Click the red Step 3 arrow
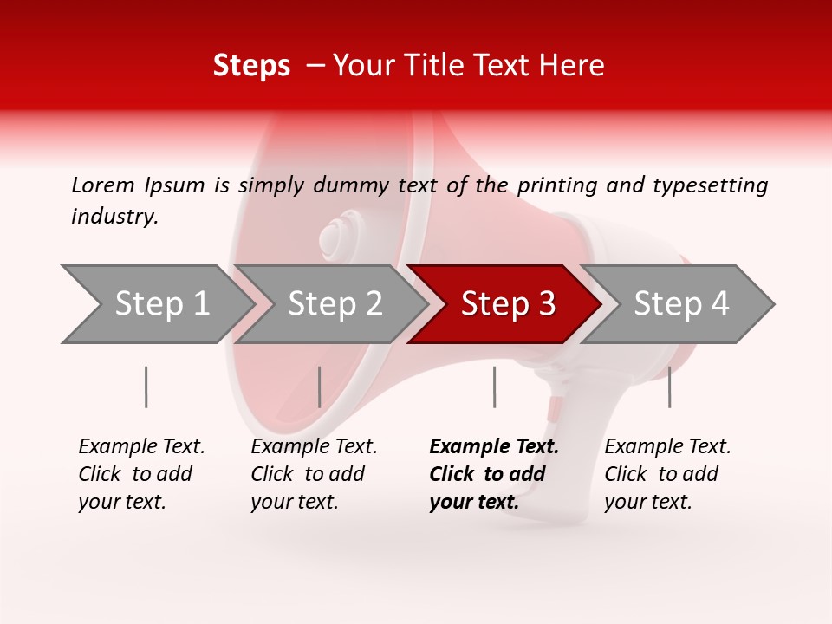coord(507,304)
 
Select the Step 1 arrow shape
coord(161,304)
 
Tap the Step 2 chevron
coord(335,304)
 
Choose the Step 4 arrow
coord(680,304)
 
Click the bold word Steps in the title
coord(251,65)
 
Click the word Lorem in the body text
coord(103,185)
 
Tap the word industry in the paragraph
coord(114,217)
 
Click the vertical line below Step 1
coord(146,387)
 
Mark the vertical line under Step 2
coord(320,387)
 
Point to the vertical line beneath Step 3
coord(495,387)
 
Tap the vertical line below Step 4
coord(670,387)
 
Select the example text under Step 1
coord(141,474)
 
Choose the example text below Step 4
coord(667,474)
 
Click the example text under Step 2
coord(314,474)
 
